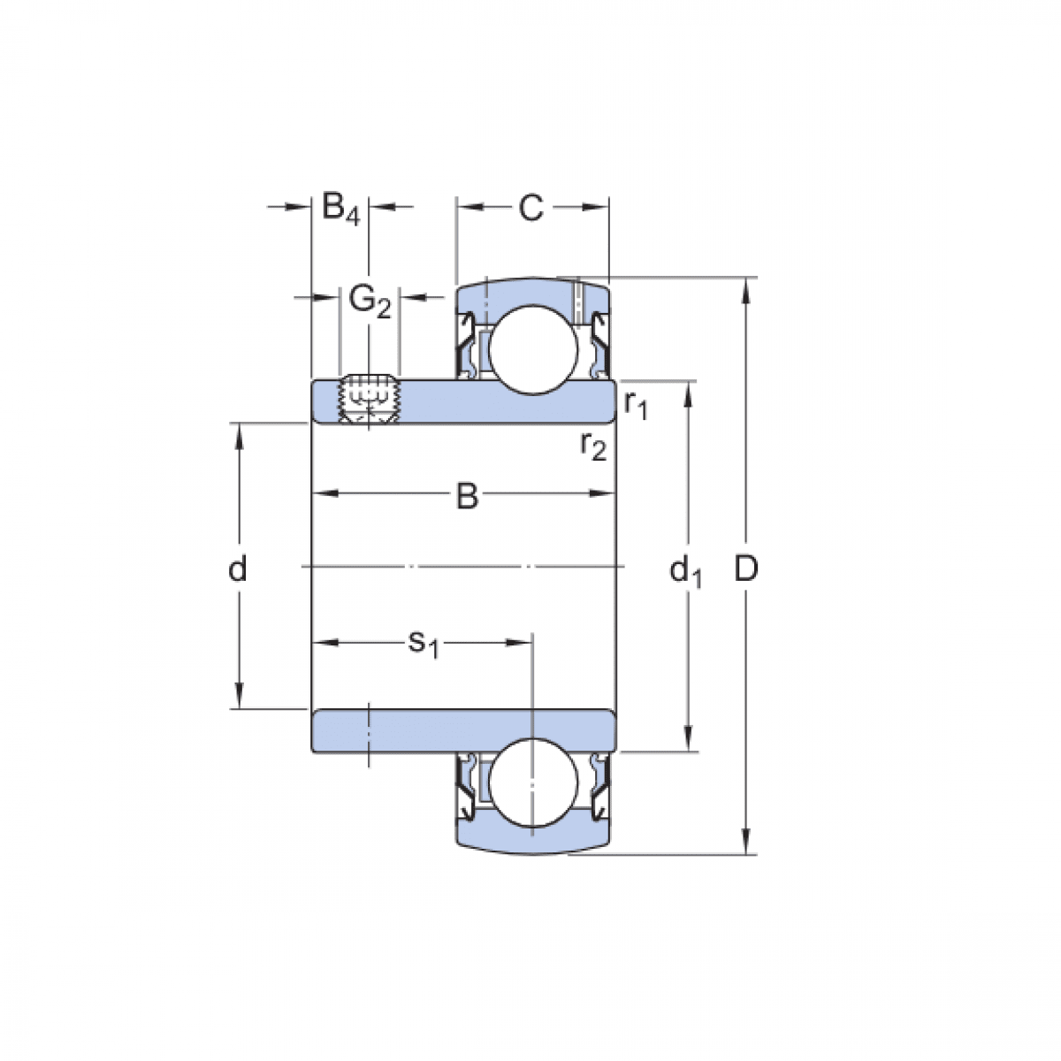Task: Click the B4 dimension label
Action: tap(340, 209)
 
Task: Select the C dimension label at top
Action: tap(530, 209)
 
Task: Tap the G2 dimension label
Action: tap(370, 301)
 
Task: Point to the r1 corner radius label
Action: tap(636, 404)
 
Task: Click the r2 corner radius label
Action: tap(593, 446)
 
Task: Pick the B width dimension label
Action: tap(466, 497)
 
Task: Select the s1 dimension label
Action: tap(423, 643)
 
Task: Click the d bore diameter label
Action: tap(237, 570)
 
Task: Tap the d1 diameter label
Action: tap(685, 572)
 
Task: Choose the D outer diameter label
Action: tap(747, 570)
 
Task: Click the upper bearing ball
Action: tap(533, 347)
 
